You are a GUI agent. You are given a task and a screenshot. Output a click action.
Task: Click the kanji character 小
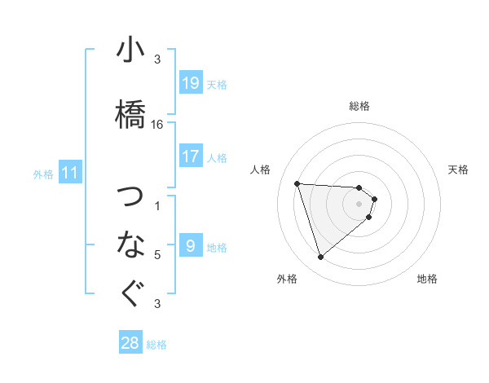coord(131,51)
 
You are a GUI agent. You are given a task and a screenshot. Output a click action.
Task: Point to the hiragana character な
coord(131,243)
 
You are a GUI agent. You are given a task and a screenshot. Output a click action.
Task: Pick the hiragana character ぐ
coord(131,293)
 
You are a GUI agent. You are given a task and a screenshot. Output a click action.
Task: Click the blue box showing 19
coord(191,83)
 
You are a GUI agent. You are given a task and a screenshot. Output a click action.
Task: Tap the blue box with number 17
coord(191,156)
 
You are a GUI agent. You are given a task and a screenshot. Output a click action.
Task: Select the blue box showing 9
coord(191,246)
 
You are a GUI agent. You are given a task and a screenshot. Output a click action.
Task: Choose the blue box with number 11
coord(70,173)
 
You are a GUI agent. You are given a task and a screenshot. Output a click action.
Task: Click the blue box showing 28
coord(130,343)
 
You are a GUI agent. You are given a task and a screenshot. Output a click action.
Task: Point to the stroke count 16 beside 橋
coord(157,125)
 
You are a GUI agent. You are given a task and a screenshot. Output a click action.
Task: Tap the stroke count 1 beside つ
coord(157,206)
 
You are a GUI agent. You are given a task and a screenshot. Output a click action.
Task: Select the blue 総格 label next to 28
coord(156,345)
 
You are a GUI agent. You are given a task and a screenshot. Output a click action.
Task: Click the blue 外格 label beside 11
coord(43,174)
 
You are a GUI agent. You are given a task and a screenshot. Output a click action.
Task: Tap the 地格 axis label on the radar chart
coord(427,279)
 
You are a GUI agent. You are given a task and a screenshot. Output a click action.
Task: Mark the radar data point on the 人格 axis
coord(297,183)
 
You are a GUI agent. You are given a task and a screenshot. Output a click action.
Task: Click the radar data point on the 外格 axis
coord(320,258)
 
